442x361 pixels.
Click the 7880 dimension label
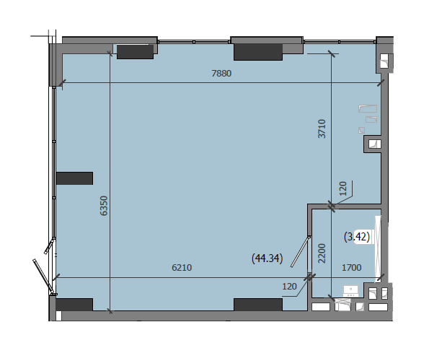[221, 74]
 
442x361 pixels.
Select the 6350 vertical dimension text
[104, 206]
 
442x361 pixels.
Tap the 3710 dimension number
[322, 129]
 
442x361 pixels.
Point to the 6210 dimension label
[182, 267]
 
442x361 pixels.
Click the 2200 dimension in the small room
[322, 253]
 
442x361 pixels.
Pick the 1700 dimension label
[352, 267]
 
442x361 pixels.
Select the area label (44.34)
[268, 258]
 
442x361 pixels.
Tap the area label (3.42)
[357, 237]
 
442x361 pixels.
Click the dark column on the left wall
[74, 178]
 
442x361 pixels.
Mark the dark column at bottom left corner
[74, 305]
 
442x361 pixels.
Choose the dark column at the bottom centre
[258, 305]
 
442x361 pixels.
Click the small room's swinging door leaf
[301, 251]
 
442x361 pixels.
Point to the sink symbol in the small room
[350, 291]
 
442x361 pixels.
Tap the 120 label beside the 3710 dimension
[342, 188]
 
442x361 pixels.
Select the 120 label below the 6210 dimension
[289, 287]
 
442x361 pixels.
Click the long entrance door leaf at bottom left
[43, 276]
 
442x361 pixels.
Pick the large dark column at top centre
[258, 52]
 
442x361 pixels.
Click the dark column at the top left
[135, 52]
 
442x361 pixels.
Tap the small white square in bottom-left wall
[58, 316]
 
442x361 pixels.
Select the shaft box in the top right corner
[384, 61]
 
